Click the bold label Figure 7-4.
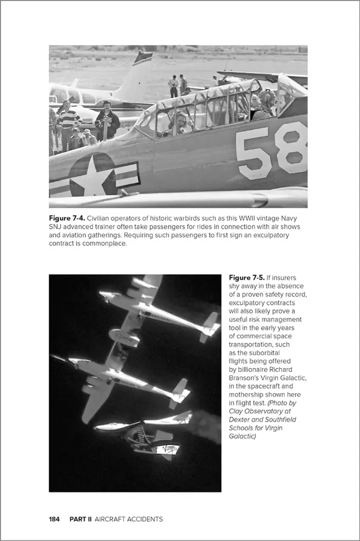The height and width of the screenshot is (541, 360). tap(67, 218)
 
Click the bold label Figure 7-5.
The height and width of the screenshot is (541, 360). tap(247, 277)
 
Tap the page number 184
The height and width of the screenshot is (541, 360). tap(54, 519)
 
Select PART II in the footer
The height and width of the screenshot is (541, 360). tap(81, 519)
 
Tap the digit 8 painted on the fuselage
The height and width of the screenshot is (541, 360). tap(292, 147)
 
